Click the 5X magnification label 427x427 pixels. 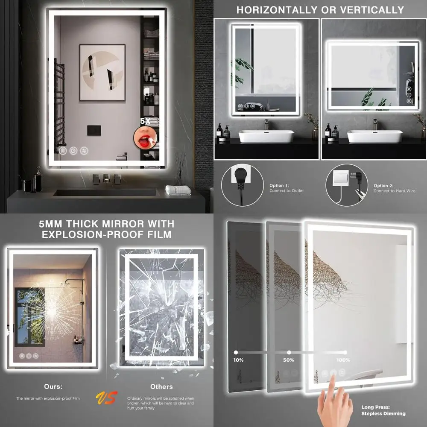pyautogui.click(x=146, y=121)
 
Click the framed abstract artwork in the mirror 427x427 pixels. pyautogui.click(x=102, y=72)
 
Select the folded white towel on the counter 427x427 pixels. pyautogui.click(x=178, y=190)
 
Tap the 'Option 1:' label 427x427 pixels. pyautogui.click(x=280, y=186)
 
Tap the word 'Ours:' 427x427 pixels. pyautogui.click(x=53, y=386)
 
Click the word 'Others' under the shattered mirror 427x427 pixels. pyautogui.click(x=161, y=386)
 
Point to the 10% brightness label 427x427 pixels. pyautogui.click(x=238, y=360)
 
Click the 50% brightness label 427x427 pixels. pyautogui.click(x=288, y=360)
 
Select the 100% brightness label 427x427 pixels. pyautogui.click(x=343, y=360)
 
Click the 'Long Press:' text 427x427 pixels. pyautogui.click(x=375, y=407)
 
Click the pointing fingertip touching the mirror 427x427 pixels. pyautogui.click(x=332, y=381)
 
